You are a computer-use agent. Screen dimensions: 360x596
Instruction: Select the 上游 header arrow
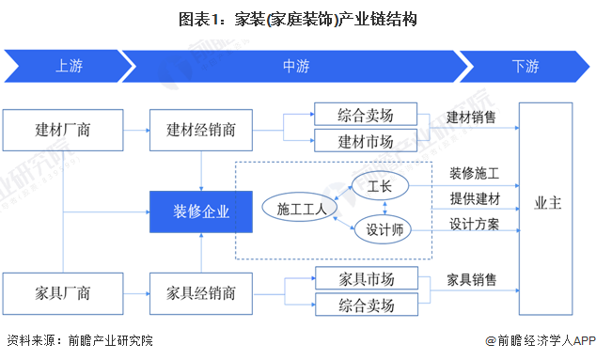[x=66, y=66]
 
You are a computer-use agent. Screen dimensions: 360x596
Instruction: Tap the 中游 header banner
[x=295, y=66]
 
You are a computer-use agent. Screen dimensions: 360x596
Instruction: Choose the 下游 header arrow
[x=525, y=66]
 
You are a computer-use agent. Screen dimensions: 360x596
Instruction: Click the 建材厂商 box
[x=62, y=128]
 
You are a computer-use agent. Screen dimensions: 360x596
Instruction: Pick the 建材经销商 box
[x=202, y=128]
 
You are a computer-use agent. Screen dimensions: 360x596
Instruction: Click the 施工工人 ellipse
[x=294, y=210]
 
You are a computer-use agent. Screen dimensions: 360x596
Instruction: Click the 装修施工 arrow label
[x=473, y=175]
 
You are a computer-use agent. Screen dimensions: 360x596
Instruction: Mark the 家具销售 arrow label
[x=473, y=281]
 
